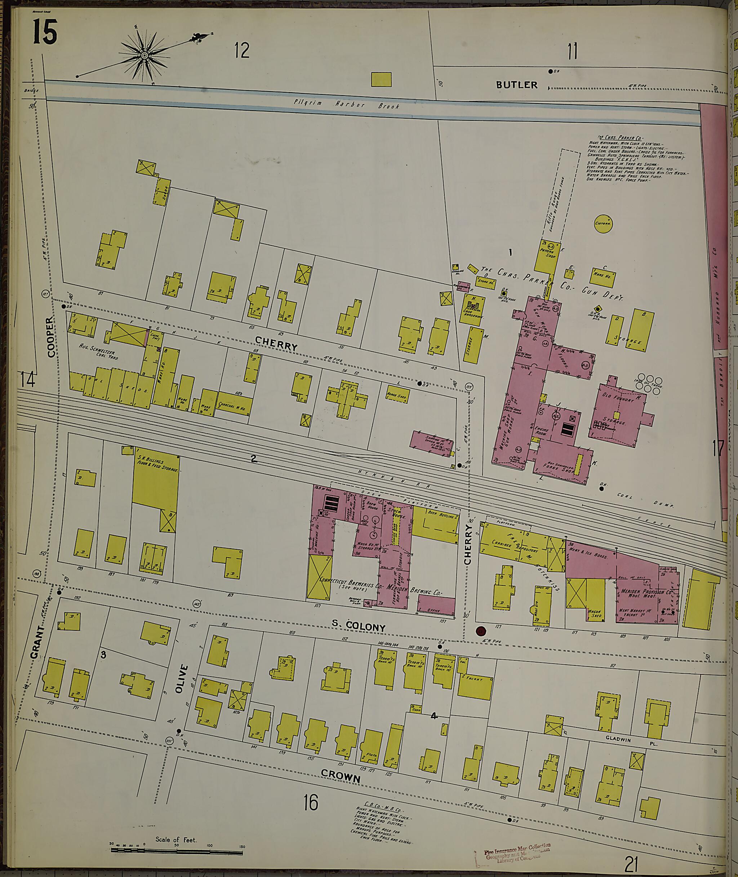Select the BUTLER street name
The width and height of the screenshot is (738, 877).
coord(516,85)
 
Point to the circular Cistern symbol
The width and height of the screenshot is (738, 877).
coord(603,223)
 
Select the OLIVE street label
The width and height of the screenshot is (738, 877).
coord(180,679)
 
